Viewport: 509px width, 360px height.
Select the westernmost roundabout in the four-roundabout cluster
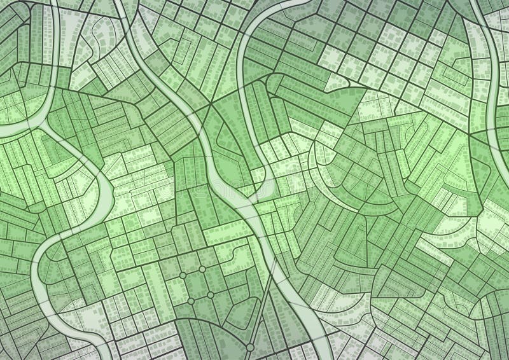tap(183, 275)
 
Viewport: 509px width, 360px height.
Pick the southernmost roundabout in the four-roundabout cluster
tap(190, 300)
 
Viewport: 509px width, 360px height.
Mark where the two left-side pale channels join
tap(39, 128)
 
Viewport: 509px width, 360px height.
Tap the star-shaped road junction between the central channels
tap(210, 105)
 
